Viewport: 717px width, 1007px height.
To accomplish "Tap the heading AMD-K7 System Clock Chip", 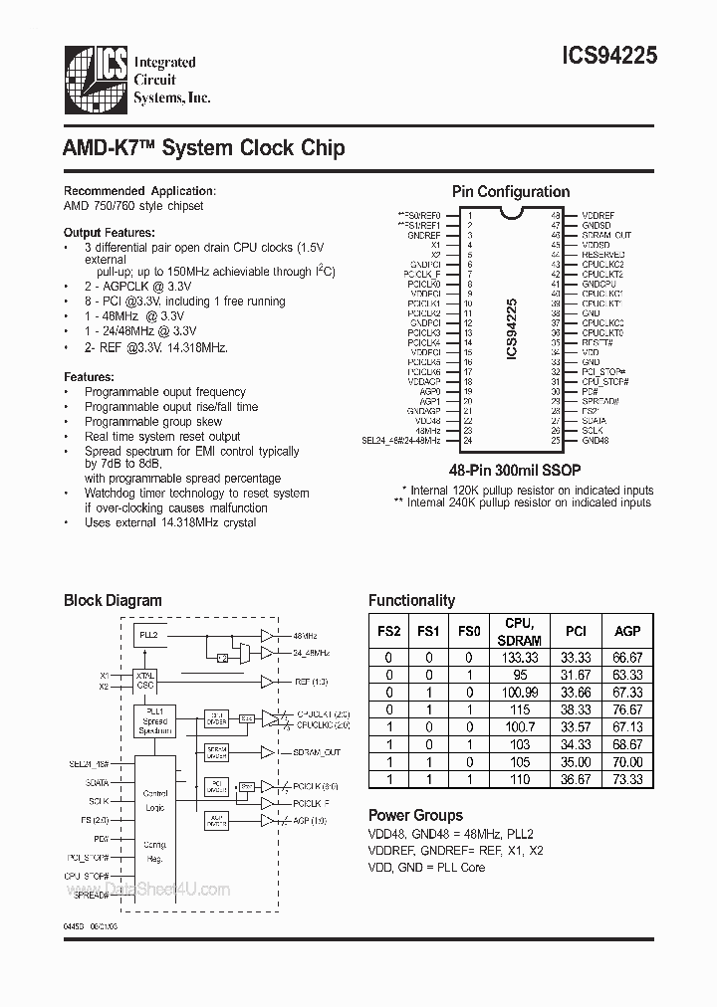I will tap(204, 149).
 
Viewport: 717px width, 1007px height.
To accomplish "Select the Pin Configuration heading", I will tap(511, 192).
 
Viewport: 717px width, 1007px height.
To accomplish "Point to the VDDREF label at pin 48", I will tap(597, 215).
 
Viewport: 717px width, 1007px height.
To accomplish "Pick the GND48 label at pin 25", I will tap(596, 440).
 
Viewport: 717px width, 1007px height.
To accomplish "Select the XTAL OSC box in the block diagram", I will tap(145, 682).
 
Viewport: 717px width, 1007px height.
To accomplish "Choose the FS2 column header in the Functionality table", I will tap(391, 631).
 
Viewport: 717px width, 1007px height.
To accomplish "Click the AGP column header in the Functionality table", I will tap(627, 631).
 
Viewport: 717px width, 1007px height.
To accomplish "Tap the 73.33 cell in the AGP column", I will tap(627, 779).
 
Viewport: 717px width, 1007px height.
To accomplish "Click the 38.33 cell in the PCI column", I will tap(576, 709).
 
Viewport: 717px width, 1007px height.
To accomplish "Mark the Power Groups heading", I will tap(415, 815).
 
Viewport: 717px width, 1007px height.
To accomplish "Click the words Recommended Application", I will tap(139, 191).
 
